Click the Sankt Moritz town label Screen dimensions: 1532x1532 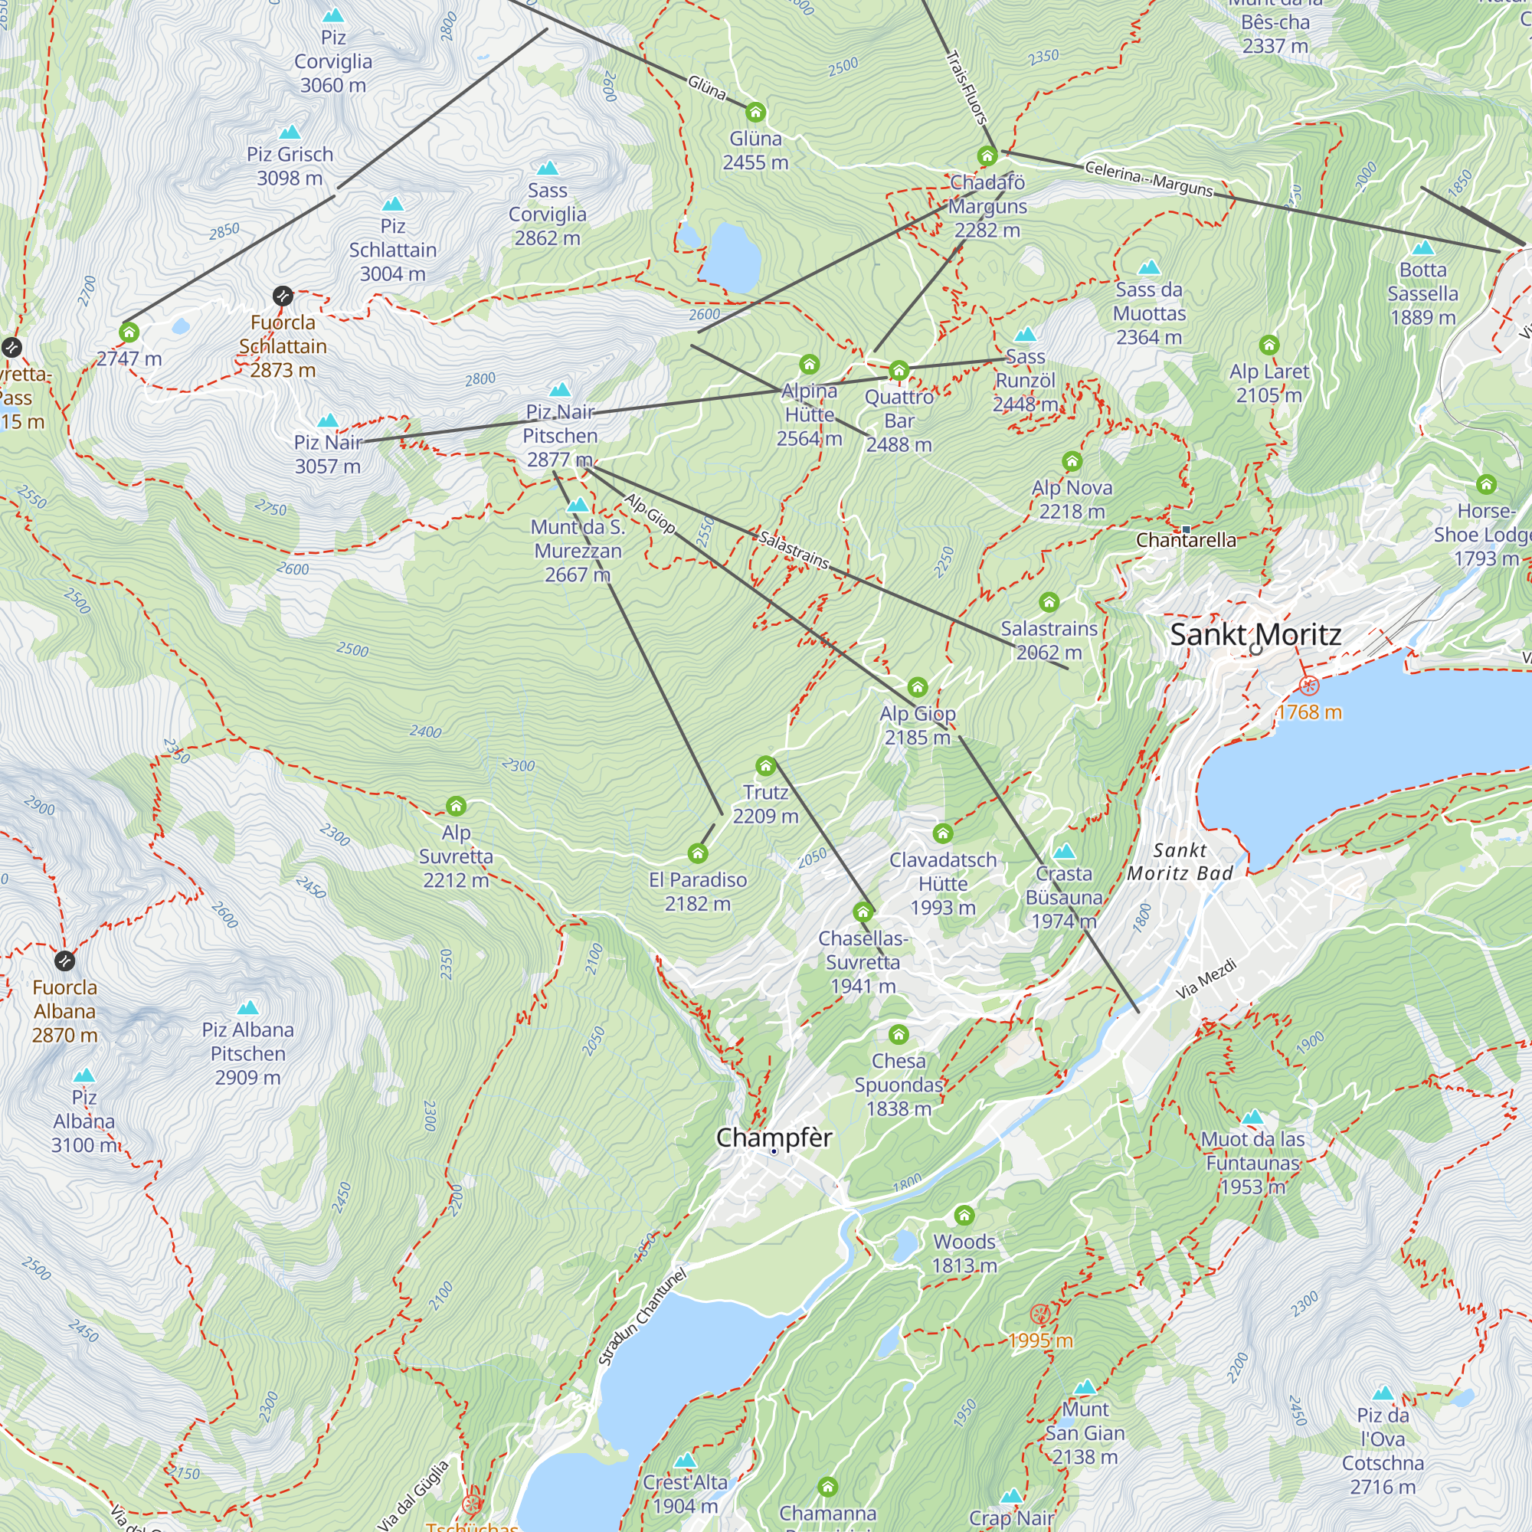click(1255, 634)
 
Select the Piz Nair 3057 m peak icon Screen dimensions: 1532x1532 click(328, 421)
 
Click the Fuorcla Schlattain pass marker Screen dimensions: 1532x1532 click(283, 296)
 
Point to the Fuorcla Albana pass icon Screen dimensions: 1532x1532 click(65, 961)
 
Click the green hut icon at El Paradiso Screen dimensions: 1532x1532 click(697, 853)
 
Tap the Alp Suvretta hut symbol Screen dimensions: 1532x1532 click(456, 807)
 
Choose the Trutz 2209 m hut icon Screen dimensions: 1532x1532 click(765, 766)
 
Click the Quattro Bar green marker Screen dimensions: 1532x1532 click(899, 370)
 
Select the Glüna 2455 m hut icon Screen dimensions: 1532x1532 click(756, 112)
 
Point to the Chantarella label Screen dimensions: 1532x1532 click(1186, 541)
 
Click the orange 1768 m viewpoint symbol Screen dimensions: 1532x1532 click(1309, 686)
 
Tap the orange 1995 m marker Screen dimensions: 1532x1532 click(1039, 1314)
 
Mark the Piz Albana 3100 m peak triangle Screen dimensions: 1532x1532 click(84, 1076)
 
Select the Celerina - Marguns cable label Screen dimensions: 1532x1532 click(1148, 178)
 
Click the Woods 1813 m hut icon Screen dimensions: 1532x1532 click(964, 1216)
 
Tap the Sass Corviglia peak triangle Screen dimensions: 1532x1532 click(547, 169)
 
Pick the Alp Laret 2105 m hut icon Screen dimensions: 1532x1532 click(1268, 345)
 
